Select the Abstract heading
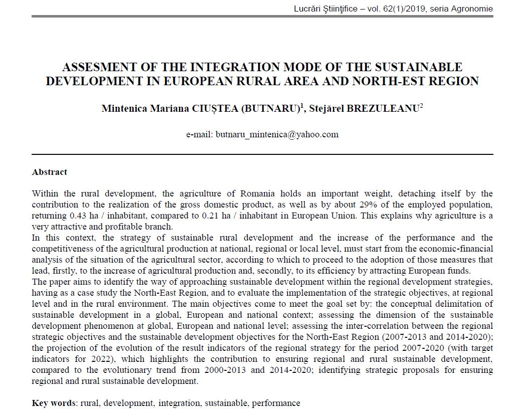(49, 172)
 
